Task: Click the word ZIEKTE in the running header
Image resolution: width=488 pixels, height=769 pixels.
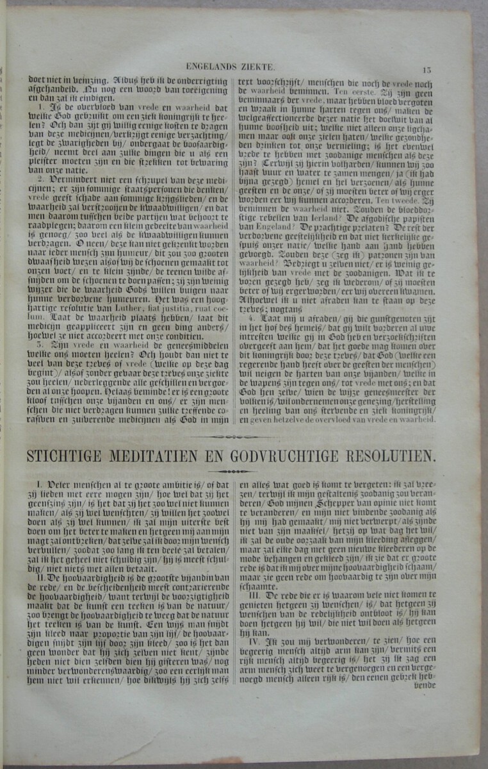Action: pyautogui.click(x=259, y=67)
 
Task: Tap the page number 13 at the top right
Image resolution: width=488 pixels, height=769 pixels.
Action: pyautogui.click(x=427, y=69)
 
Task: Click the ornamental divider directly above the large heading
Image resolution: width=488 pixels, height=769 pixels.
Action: pyautogui.click(x=231, y=438)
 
